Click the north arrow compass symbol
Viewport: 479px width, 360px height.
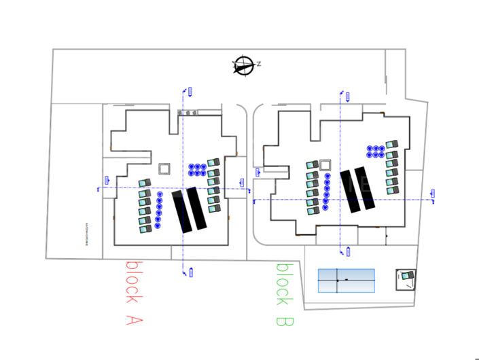click(x=243, y=66)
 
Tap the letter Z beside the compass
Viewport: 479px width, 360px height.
click(x=259, y=64)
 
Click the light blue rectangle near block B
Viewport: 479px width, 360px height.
click(x=346, y=281)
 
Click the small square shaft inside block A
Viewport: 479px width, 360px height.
click(x=164, y=169)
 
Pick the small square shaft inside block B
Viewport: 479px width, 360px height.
click(x=325, y=164)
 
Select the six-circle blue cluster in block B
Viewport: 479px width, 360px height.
click(x=376, y=151)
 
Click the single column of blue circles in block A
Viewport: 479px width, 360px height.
click(x=159, y=211)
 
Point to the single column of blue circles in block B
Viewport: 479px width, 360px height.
click(x=327, y=192)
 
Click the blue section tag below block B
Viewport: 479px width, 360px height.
click(x=349, y=251)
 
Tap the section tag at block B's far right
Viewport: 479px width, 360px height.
click(x=433, y=196)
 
